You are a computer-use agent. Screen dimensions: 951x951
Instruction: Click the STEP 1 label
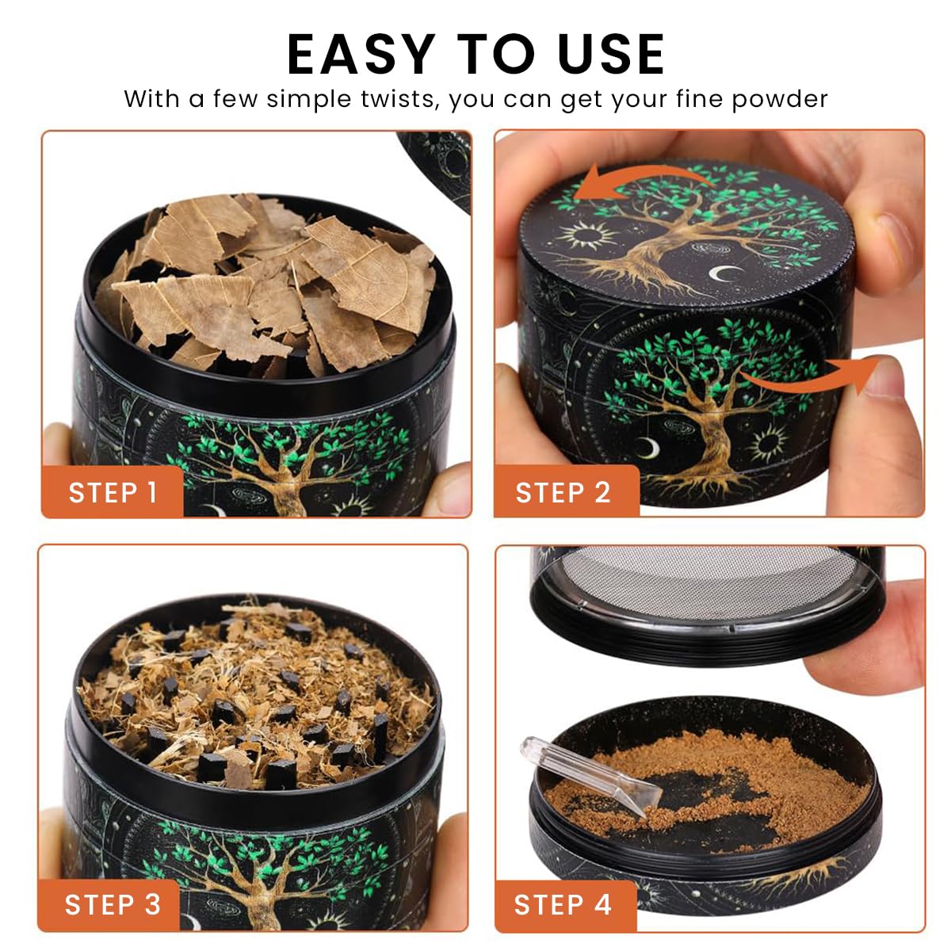(113, 492)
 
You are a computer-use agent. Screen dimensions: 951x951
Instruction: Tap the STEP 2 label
(563, 492)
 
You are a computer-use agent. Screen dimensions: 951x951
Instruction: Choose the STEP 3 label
(113, 904)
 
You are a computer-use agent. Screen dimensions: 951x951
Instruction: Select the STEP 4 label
(563, 904)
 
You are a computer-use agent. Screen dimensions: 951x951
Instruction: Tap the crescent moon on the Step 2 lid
(723, 274)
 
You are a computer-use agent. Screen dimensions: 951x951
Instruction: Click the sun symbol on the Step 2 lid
(577, 235)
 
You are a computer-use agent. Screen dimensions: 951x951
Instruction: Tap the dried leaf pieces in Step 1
(269, 285)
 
